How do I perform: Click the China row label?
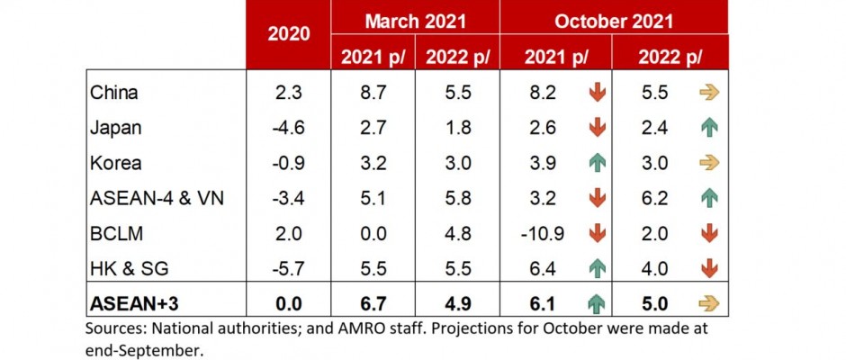click(114, 93)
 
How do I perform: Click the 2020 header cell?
click(289, 33)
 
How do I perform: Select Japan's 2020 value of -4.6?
click(288, 128)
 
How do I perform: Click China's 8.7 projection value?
click(371, 93)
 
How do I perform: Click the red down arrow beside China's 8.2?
click(594, 93)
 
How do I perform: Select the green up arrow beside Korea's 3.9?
click(594, 163)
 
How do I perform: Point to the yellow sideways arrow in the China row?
click(709, 93)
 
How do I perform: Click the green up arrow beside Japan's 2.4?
click(709, 128)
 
